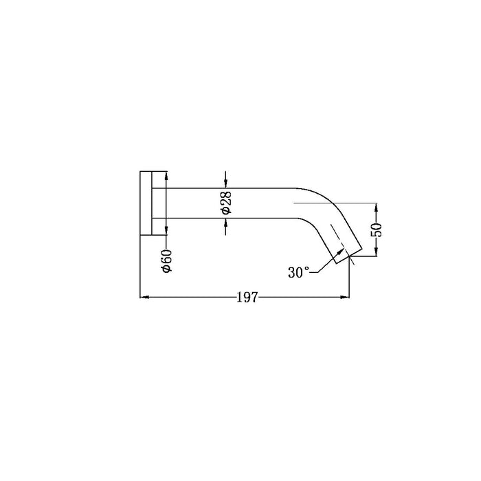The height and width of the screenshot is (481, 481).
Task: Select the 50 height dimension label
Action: pos(377,230)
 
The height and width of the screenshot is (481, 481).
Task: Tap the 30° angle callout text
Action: pos(298,272)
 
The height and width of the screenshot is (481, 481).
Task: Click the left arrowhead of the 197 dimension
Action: pos(144,298)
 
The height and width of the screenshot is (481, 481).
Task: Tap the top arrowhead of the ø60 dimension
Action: pos(166,174)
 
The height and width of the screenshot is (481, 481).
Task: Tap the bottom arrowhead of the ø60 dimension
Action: pos(166,232)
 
